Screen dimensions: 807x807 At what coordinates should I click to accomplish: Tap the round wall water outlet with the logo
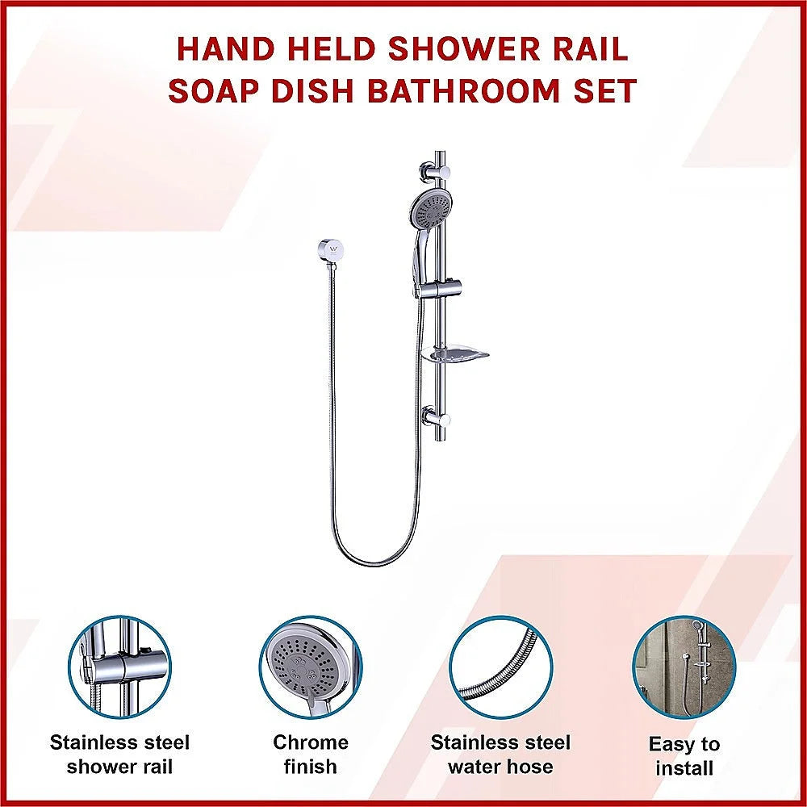pyautogui.click(x=328, y=249)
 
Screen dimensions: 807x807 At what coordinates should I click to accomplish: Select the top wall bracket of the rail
pyautogui.click(x=433, y=172)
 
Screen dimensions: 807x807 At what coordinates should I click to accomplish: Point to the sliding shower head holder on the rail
pyautogui.click(x=441, y=286)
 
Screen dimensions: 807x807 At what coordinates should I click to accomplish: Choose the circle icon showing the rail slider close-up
pyautogui.click(x=120, y=667)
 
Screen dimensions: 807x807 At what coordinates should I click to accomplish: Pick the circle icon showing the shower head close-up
pyautogui.click(x=310, y=667)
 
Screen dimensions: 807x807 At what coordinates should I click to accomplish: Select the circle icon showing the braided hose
pyautogui.click(x=500, y=667)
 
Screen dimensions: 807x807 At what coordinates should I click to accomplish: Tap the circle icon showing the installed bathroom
pyautogui.click(x=684, y=667)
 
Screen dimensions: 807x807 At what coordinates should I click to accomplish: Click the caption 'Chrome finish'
pyautogui.click(x=310, y=754)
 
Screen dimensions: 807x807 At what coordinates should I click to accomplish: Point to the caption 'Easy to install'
pyautogui.click(x=684, y=755)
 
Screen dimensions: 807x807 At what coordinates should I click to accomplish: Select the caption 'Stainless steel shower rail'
pyautogui.click(x=119, y=754)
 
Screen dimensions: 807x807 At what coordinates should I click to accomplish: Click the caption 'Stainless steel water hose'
pyautogui.click(x=500, y=754)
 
